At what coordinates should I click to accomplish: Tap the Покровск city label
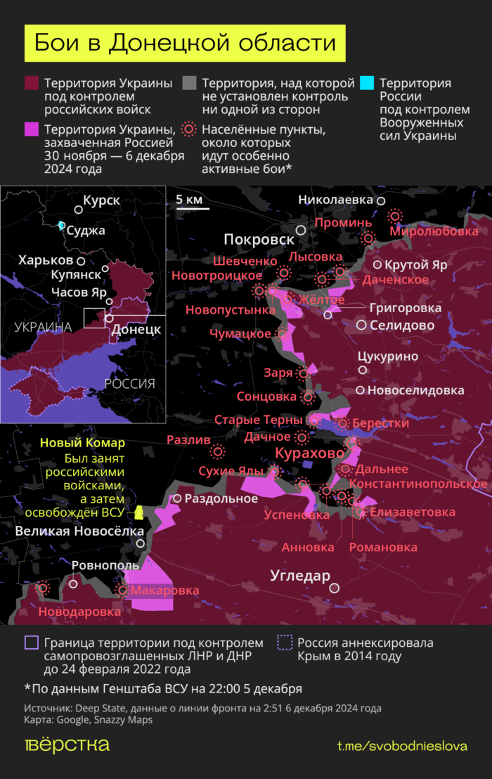(259, 239)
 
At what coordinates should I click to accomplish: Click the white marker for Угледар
(335, 588)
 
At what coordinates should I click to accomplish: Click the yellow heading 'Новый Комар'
(82, 443)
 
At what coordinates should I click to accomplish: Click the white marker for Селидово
(361, 325)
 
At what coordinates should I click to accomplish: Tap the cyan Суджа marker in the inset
(62, 225)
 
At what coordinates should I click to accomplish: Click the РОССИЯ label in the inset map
(129, 384)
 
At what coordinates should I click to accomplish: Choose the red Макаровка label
(164, 591)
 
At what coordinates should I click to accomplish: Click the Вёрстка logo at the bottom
(67, 745)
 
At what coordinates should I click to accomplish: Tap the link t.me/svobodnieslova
(402, 746)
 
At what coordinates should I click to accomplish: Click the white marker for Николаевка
(381, 200)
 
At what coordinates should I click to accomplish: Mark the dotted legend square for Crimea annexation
(285, 643)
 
